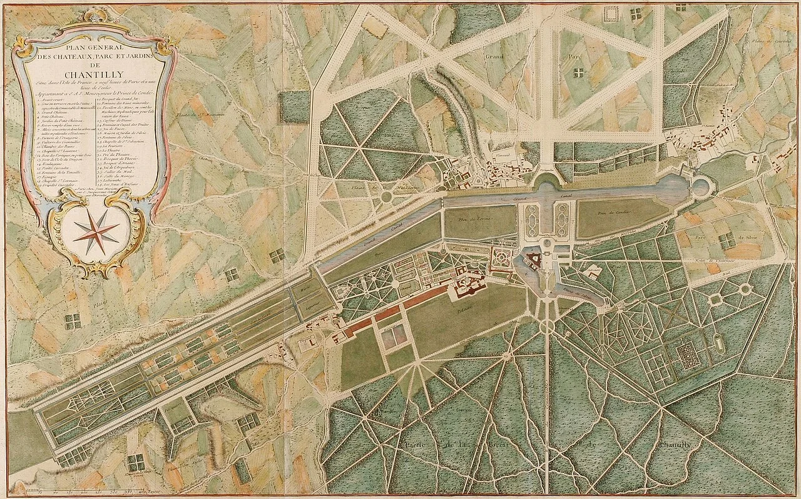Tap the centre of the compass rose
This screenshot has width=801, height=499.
pos(95,231)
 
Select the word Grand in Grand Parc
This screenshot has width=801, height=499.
pos(494,56)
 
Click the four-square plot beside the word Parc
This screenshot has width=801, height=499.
pos(578,72)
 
